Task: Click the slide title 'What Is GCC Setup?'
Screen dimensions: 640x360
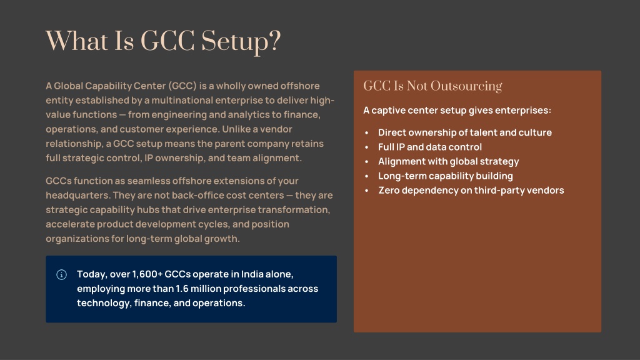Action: click(x=163, y=42)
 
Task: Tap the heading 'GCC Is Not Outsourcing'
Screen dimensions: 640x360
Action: click(x=432, y=86)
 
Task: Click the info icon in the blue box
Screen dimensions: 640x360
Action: click(x=61, y=275)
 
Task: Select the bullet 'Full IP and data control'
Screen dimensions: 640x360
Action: click(x=430, y=147)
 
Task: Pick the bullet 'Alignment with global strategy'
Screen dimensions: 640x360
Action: click(x=449, y=162)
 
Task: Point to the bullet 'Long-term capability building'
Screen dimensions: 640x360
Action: click(x=445, y=176)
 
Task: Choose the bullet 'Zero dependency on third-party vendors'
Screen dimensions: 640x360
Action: click(x=471, y=190)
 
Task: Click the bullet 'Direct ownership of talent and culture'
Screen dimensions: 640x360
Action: click(x=465, y=132)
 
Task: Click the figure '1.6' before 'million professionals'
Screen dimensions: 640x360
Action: click(x=182, y=289)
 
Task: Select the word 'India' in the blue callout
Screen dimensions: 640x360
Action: click(x=252, y=274)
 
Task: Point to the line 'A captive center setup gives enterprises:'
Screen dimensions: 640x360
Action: click(x=457, y=110)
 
